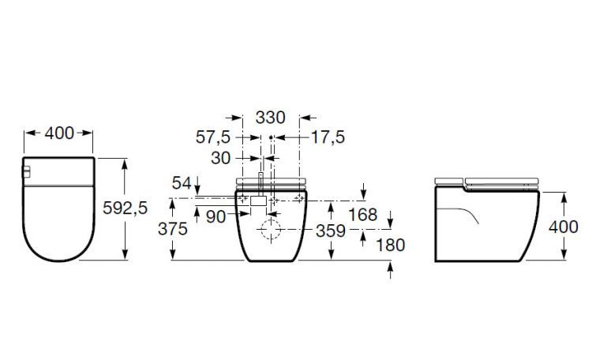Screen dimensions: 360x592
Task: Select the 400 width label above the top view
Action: click(60, 133)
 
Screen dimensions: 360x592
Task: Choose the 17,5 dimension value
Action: click(328, 137)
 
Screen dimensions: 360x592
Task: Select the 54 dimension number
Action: click(182, 183)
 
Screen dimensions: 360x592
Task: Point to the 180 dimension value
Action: click(389, 245)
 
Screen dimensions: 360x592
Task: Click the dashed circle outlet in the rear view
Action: click(270, 233)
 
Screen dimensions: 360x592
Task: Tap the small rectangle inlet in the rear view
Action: click(257, 201)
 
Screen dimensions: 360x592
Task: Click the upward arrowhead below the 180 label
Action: click(390, 268)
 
